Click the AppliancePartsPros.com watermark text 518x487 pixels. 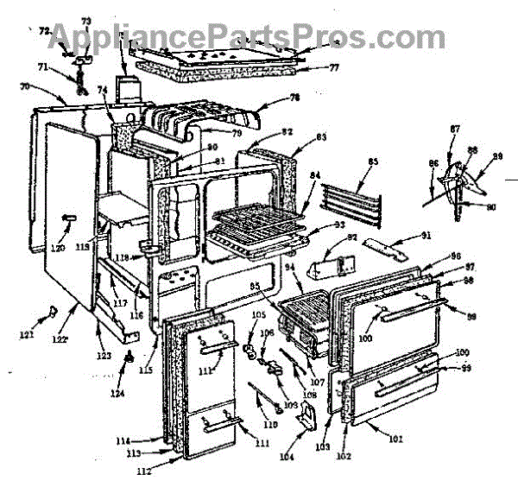click(x=260, y=37)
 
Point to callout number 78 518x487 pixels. click(x=294, y=98)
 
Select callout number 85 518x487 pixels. click(x=373, y=161)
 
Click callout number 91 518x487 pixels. click(x=425, y=235)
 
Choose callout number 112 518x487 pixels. click(x=143, y=471)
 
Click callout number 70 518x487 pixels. click(x=25, y=86)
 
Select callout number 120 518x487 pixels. click(x=58, y=249)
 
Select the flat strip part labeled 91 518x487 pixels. click(x=384, y=251)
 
